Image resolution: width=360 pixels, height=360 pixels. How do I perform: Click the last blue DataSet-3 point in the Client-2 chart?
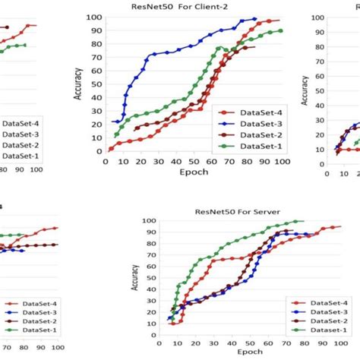pos(255,19)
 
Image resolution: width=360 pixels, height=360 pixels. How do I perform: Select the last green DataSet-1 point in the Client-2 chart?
pos(280,31)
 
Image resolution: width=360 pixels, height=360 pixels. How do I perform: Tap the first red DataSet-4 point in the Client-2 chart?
pos(112,149)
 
